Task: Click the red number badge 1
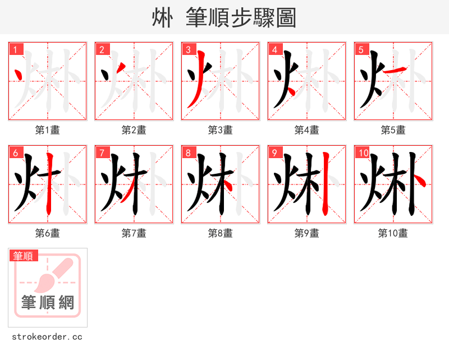(16, 49)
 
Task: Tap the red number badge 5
(361, 49)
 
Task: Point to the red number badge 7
(102, 153)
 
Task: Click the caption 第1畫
(48, 130)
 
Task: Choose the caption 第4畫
(307, 130)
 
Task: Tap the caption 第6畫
(48, 233)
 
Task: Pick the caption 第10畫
(393, 233)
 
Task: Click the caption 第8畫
(221, 233)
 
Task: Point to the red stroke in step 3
(194, 84)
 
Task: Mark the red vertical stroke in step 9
(324, 179)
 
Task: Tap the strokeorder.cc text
(47, 337)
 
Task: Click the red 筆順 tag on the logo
(24, 256)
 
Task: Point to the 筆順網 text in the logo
(48, 303)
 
